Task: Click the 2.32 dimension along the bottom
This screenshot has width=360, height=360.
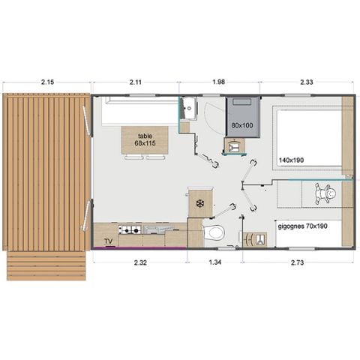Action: pos(140,262)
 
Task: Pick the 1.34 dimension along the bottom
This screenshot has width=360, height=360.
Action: pos(214,262)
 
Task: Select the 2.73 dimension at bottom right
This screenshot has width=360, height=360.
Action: pos(300,262)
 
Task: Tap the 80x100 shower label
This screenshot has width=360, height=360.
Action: pos(241,125)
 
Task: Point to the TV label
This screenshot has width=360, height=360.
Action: pos(109,241)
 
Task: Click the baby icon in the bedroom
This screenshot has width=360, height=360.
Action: pos(328,194)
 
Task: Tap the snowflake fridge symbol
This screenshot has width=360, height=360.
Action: pos(199,203)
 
